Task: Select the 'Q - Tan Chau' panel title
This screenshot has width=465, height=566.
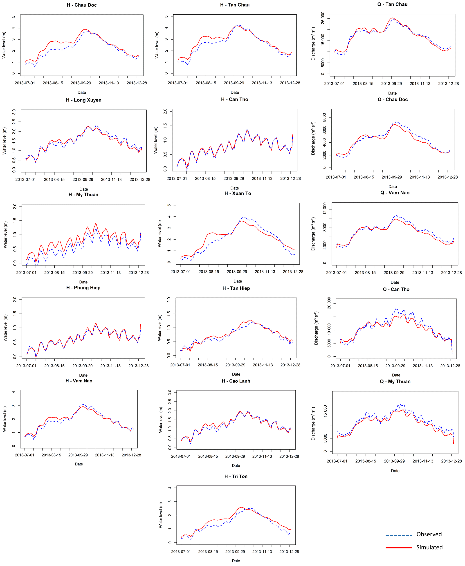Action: pos(392,4)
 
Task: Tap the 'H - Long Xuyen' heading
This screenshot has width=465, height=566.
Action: pos(83,100)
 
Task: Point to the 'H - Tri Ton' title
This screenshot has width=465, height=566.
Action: pos(236,476)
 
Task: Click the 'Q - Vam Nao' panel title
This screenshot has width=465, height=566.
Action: pos(395,193)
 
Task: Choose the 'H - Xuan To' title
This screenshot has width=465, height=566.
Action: pos(238,193)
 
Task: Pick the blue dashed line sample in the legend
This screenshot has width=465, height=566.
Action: pos(399,535)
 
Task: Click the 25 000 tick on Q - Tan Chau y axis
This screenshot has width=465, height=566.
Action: pos(323,18)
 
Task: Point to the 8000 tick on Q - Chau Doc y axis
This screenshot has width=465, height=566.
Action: pos(325,117)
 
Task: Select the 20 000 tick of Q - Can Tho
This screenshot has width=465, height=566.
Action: pos(329,303)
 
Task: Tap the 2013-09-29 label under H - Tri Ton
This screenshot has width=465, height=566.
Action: pos(235,552)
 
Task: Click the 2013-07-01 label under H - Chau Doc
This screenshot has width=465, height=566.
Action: pos(25,83)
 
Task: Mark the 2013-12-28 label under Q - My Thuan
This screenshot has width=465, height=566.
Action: pos(451,461)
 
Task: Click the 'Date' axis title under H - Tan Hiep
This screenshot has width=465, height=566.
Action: pos(236,374)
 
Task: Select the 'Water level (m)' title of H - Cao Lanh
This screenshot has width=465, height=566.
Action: pos(161,420)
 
